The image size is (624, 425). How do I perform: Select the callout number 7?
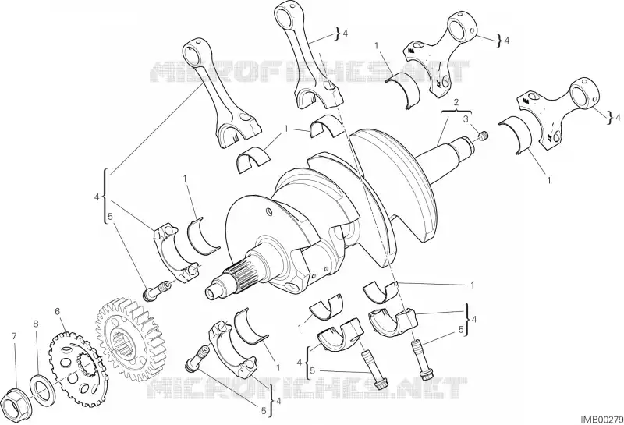(x=14, y=337)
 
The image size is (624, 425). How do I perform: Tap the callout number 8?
(x=36, y=324)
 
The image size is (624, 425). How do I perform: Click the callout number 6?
(x=57, y=311)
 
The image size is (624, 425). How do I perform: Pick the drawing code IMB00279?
(x=601, y=420)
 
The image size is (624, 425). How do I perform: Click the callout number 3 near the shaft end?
(x=465, y=119)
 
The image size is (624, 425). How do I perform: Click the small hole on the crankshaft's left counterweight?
(x=269, y=210)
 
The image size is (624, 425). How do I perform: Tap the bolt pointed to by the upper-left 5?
(x=157, y=290)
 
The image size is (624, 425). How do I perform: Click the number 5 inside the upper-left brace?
(x=110, y=217)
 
